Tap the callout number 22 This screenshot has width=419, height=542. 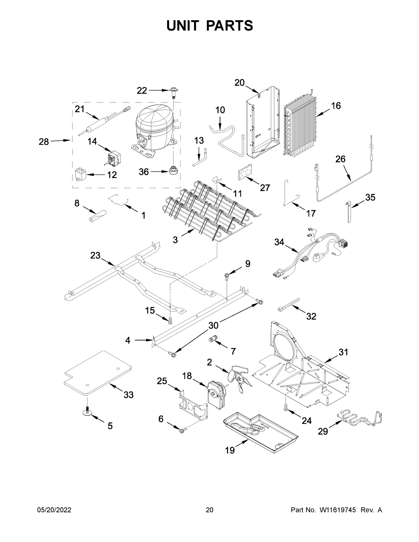pyautogui.click(x=142, y=91)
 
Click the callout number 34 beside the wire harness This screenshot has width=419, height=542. pyautogui.click(x=279, y=242)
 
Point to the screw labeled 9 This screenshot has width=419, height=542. pyautogui.click(x=226, y=275)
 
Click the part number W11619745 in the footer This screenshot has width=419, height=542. pyautogui.click(x=337, y=517)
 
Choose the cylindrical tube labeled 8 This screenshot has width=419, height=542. pyautogui.click(x=97, y=216)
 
